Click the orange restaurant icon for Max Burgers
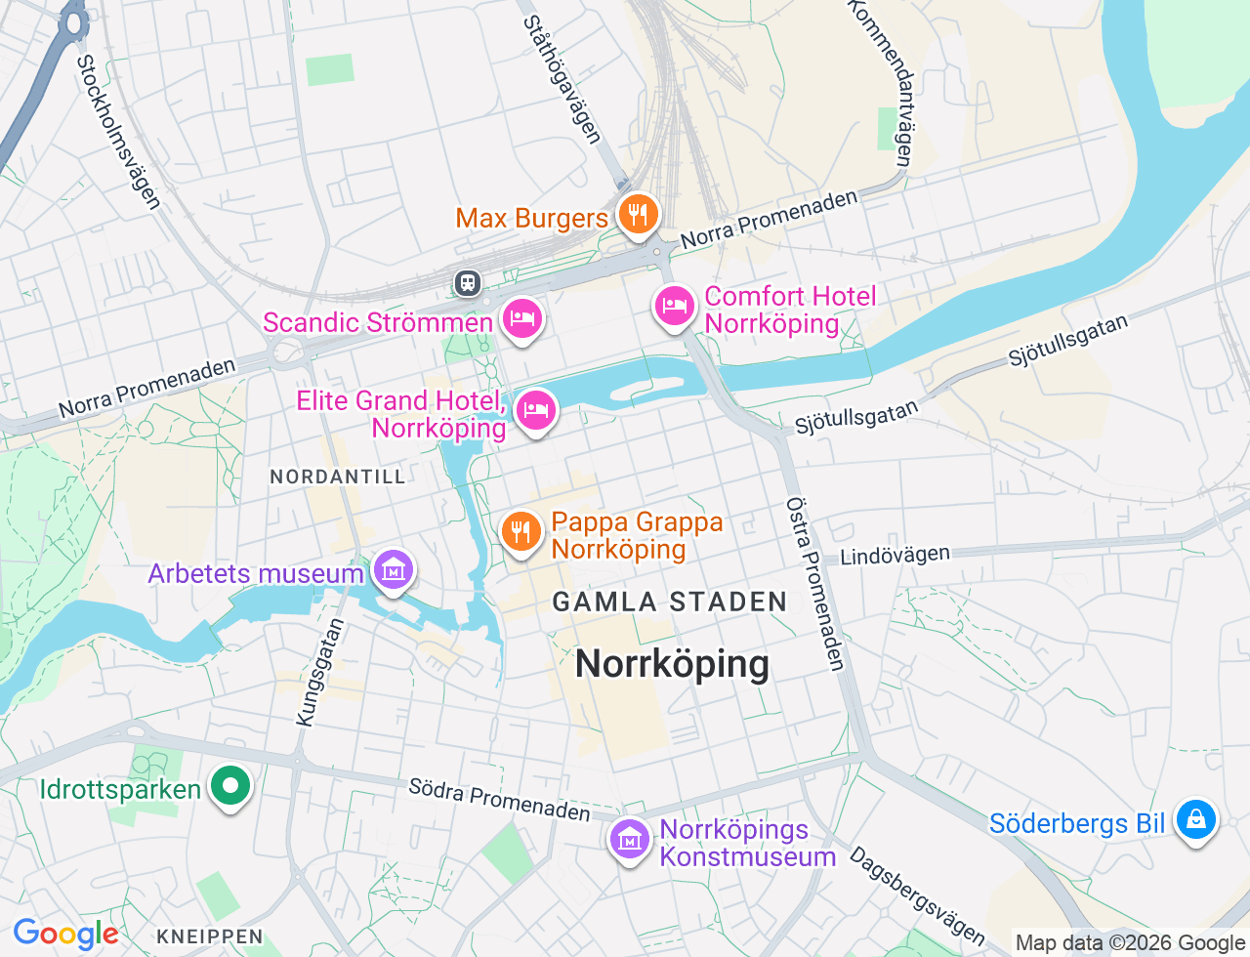click(x=638, y=214)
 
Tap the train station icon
click(x=468, y=283)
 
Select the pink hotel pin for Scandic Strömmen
click(x=522, y=318)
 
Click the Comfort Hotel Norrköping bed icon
click(x=674, y=307)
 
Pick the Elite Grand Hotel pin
click(x=535, y=410)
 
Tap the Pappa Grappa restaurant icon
click(x=521, y=532)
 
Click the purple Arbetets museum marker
click(x=393, y=569)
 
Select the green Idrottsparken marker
click(x=230, y=786)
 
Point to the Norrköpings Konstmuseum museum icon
click(x=630, y=839)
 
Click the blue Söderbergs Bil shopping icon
click(x=1195, y=819)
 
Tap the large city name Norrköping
click(x=672, y=664)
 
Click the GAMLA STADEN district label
click(x=670, y=602)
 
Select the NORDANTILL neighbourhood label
click(x=337, y=477)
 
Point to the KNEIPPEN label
click(x=210, y=936)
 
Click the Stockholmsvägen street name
click(x=118, y=132)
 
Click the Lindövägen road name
click(x=895, y=556)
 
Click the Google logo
click(x=65, y=935)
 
